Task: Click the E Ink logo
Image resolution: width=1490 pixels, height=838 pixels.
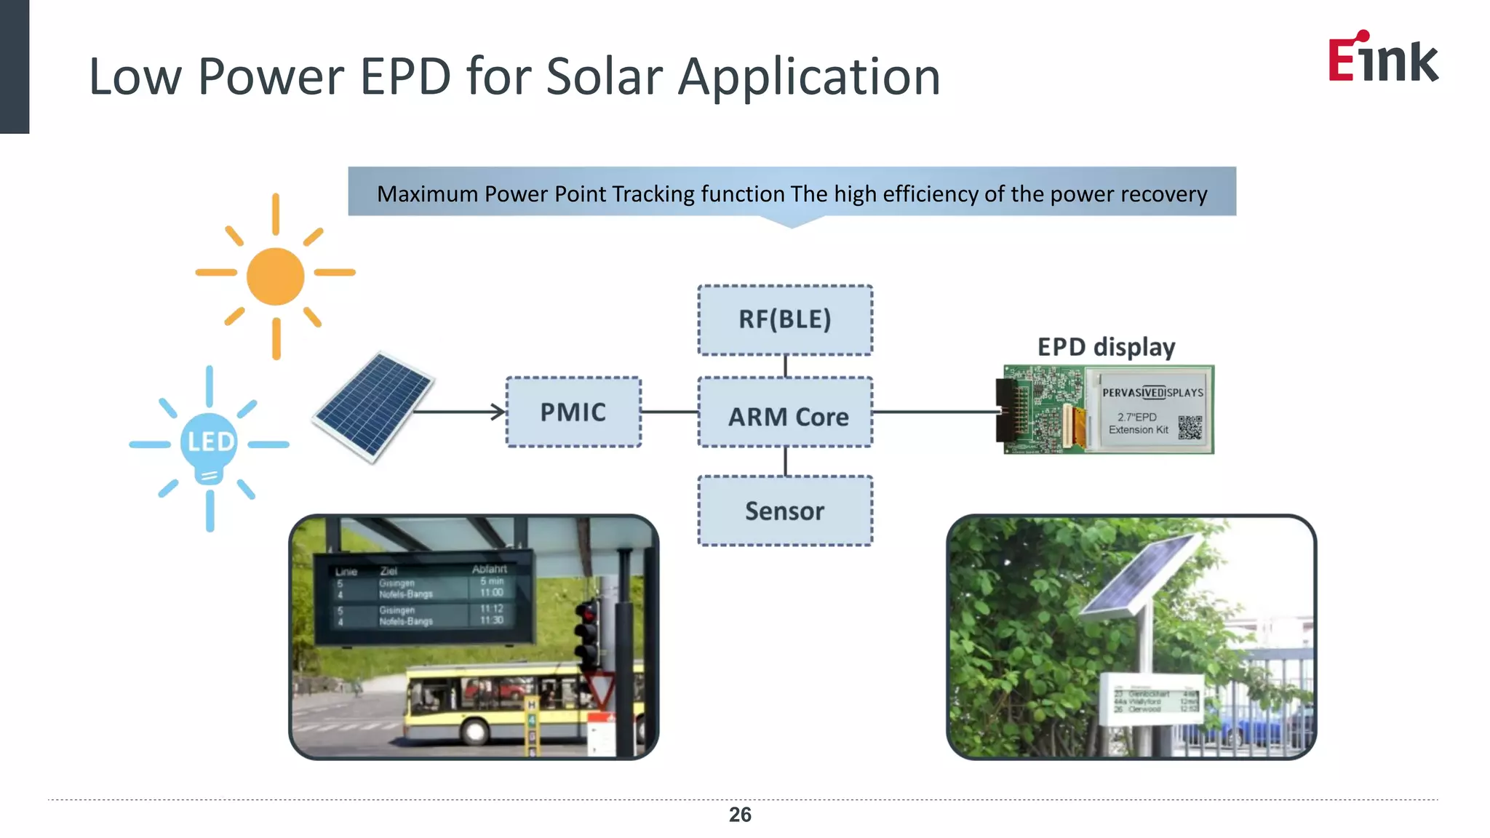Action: pyautogui.click(x=1382, y=58)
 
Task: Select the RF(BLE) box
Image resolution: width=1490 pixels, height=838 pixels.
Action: pyautogui.click(x=785, y=320)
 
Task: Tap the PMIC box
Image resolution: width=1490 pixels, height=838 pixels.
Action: pyautogui.click(x=573, y=412)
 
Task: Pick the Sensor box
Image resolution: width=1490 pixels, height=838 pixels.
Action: pyautogui.click(x=785, y=511)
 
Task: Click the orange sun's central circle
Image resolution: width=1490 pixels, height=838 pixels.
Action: pyautogui.click(x=275, y=276)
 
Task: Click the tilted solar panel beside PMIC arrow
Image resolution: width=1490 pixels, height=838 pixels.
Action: pyautogui.click(x=372, y=405)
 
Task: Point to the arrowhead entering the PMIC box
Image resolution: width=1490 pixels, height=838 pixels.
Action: pyautogui.click(x=498, y=412)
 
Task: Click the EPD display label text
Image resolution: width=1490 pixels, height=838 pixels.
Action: pyautogui.click(x=1106, y=347)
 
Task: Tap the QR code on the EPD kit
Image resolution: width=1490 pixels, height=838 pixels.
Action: pyautogui.click(x=1190, y=428)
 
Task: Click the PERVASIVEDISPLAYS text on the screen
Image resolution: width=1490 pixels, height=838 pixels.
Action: pyautogui.click(x=1152, y=393)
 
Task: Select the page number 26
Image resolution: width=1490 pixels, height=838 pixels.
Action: pyautogui.click(x=740, y=815)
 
